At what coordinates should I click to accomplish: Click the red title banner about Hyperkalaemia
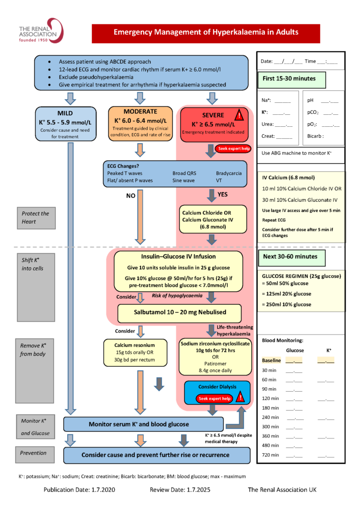tap(206, 32)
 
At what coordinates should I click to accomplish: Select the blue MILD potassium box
tap(69, 123)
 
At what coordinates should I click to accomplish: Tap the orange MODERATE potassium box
tap(141, 122)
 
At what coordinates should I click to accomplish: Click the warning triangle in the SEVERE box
tap(240, 115)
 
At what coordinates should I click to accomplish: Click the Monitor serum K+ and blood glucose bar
tap(139, 424)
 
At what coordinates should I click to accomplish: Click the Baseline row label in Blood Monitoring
tap(271, 360)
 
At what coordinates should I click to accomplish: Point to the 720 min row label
tap(271, 455)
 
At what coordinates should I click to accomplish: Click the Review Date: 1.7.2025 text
tap(180, 490)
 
